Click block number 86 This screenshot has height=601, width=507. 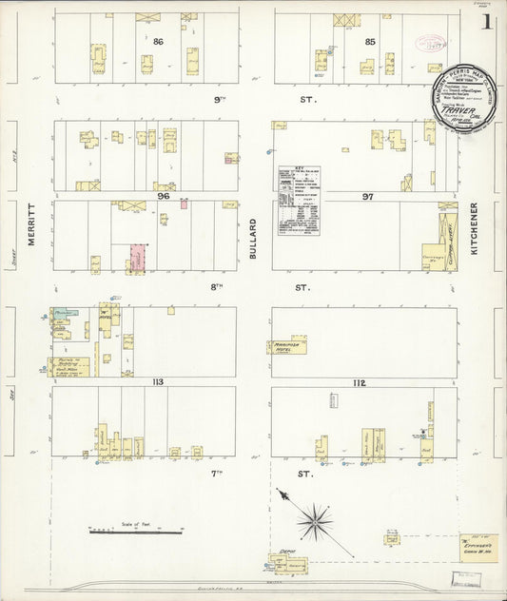159,42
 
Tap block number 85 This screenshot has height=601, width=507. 369,42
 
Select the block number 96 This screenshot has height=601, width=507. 163,196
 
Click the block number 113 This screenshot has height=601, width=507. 157,381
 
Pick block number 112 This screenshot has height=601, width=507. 359,382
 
